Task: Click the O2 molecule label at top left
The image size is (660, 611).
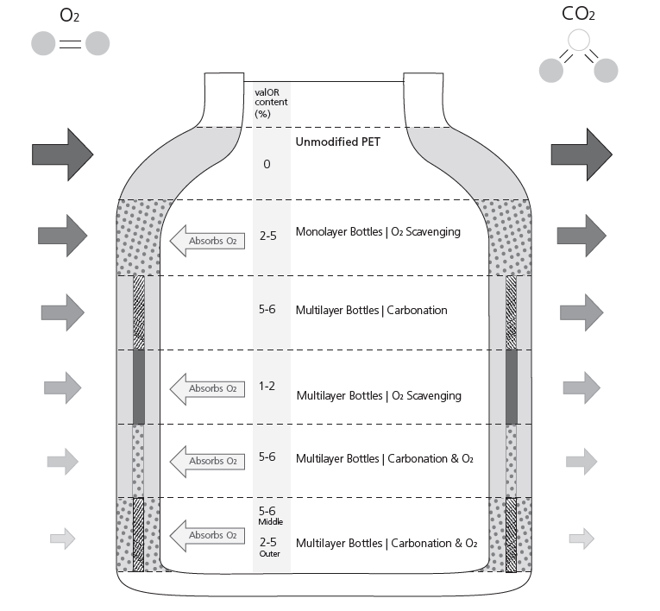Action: click(x=70, y=16)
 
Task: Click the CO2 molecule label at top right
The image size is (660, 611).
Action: click(x=578, y=14)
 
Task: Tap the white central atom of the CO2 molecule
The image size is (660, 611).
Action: click(x=579, y=40)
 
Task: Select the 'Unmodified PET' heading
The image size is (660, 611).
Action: click(x=337, y=142)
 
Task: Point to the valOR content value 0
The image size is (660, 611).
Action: click(x=267, y=164)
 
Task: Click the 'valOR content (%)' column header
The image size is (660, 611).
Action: click(x=271, y=104)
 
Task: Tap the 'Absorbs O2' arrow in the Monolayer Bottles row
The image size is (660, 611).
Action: click(x=207, y=241)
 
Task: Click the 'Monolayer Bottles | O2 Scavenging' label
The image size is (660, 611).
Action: click(x=378, y=232)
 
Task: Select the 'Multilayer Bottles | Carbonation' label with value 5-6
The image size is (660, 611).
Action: click(x=371, y=311)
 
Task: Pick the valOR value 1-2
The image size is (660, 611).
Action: click(x=267, y=386)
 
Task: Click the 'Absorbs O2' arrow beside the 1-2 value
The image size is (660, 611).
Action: click(x=207, y=388)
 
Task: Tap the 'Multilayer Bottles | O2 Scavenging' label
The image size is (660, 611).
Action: click(x=379, y=396)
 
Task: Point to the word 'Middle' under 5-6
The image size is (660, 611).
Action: click(x=271, y=522)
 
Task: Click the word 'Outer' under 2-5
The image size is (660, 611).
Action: click(x=269, y=554)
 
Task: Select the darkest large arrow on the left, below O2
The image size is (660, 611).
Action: click(x=63, y=154)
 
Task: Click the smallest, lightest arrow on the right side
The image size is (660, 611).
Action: click(x=581, y=539)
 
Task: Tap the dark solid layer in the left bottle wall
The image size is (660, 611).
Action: click(x=139, y=387)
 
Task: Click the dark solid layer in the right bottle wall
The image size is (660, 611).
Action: click(x=512, y=387)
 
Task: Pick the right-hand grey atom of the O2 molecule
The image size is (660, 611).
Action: click(x=97, y=43)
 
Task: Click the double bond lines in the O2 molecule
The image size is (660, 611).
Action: click(x=70, y=44)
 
